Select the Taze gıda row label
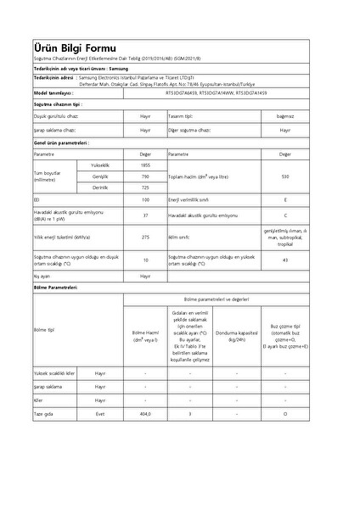point(43,413)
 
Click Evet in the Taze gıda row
point(100,413)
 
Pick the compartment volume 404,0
point(145,413)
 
